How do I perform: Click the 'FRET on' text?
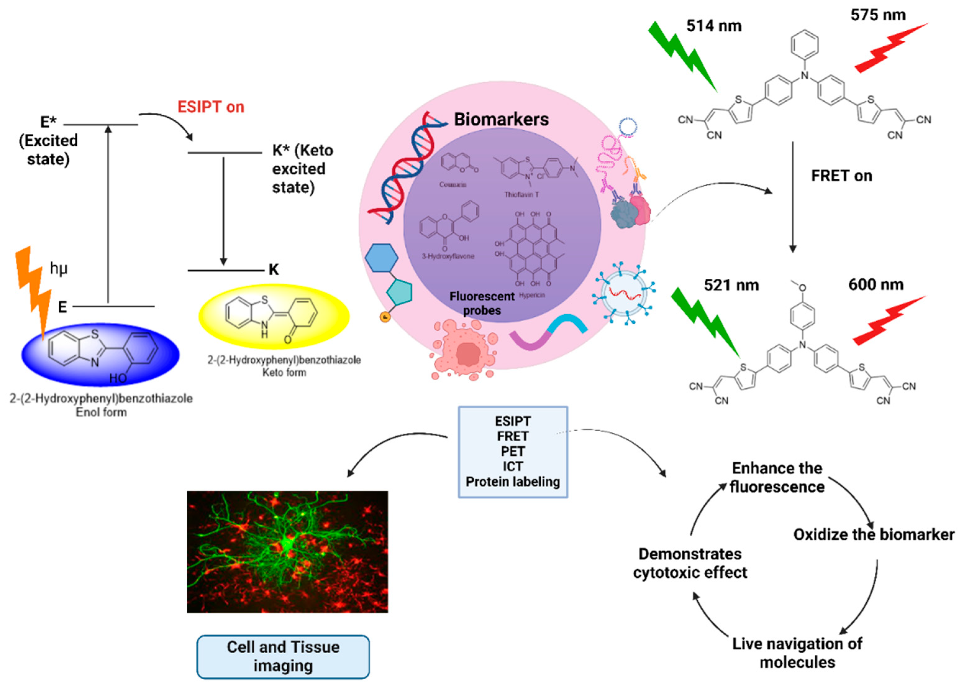[x=841, y=176]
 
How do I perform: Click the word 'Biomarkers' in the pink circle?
[x=501, y=119]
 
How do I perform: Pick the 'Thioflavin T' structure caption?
[x=521, y=195]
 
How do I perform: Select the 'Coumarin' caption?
[x=453, y=184]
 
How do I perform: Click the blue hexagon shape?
[x=381, y=258]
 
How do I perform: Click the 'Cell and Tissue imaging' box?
[x=283, y=656]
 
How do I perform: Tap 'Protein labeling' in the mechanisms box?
[x=512, y=481]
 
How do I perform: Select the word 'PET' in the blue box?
[x=512, y=451]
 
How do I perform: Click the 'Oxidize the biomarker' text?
[x=874, y=534]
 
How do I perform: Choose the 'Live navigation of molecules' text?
[x=797, y=653]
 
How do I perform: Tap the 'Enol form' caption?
[x=101, y=412]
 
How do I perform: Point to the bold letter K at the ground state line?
[x=274, y=269]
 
